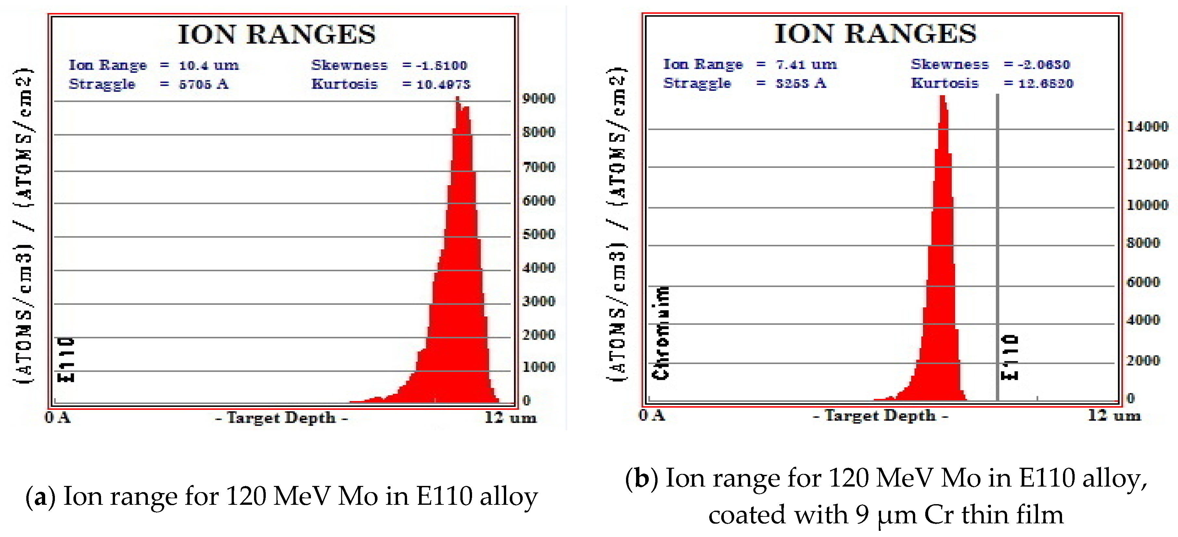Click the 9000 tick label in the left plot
(x=539, y=99)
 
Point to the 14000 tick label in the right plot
(x=1147, y=126)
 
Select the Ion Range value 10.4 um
(x=209, y=65)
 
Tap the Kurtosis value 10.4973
(x=443, y=84)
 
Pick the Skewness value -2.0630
(x=1044, y=64)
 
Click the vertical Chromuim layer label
(x=661, y=333)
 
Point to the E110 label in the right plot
(x=1009, y=357)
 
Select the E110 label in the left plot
(x=66, y=359)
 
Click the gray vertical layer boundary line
(x=997, y=247)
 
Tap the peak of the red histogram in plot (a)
(x=458, y=99)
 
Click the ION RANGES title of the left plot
(x=277, y=34)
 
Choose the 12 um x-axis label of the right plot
(x=1114, y=416)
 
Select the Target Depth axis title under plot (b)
(x=880, y=416)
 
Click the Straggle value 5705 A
(x=203, y=84)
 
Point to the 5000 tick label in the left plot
(x=539, y=234)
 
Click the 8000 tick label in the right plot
(x=1143, y=243)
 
